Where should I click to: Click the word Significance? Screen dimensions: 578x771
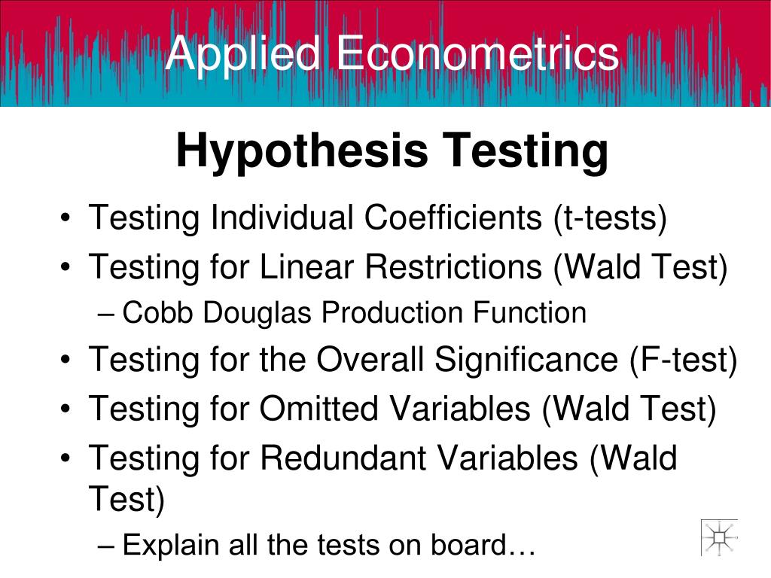coord(526,360)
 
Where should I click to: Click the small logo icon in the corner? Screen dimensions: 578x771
coord(719,537)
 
